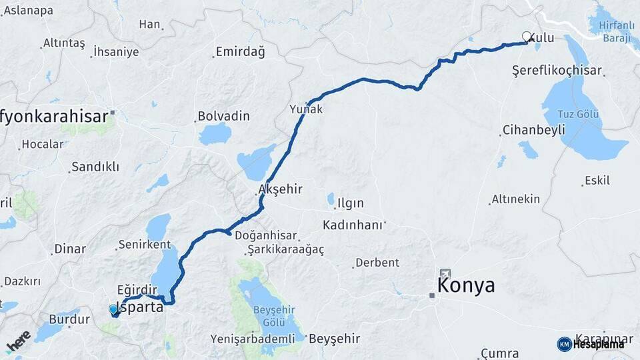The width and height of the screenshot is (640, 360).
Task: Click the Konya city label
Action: click(x=466, y=286)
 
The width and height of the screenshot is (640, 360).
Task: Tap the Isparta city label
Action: click(x=141, y=308)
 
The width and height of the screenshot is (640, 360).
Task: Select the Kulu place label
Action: click(x=541, y=38)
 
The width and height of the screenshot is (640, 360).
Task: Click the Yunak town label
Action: click(x=307, y=109)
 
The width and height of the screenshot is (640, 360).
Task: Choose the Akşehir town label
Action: click(x=281, y=189)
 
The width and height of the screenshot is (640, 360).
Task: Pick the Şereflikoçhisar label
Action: click(x=557, y=70)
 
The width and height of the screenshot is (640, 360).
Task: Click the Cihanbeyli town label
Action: click(x=534, y=129)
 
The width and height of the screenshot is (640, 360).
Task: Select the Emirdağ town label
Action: click(x=240, y=52)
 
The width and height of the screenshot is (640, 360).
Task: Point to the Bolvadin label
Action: click(x=224, y=116)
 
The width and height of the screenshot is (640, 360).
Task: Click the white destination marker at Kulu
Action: click(x=527, y=37)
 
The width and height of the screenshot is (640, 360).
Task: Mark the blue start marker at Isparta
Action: click(x=113, y=309)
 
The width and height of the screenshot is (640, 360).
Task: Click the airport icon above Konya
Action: click(x=445, y=273)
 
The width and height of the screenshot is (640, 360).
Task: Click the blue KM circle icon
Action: click(x=564, y=344)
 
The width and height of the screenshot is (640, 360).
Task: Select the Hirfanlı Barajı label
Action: click(x=613, y=32)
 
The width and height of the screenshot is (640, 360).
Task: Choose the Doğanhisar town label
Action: click(x=271, y=236)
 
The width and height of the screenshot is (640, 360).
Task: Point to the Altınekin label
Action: click(x=515, y=199)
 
